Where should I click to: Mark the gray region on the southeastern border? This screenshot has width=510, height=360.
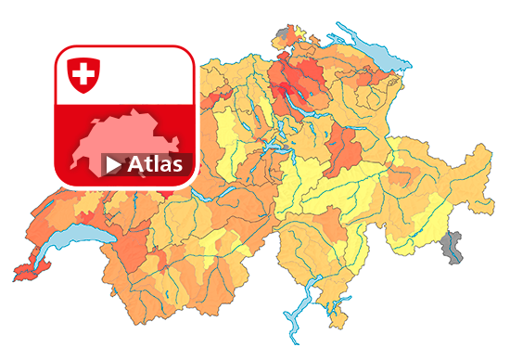(x=453, y=248)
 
